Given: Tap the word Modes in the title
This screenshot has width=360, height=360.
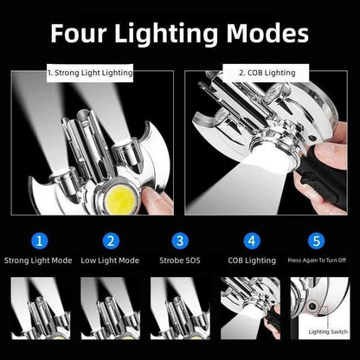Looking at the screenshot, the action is point(267,34).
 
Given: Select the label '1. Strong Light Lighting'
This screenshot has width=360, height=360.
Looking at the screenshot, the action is point(90,73).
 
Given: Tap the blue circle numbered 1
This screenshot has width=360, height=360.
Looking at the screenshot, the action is point(40,241).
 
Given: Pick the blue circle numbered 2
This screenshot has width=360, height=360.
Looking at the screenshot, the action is point(111,241).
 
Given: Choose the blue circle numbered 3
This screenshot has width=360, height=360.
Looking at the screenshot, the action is point(180,241).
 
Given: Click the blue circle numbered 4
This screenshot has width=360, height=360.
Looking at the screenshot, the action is point(252,241).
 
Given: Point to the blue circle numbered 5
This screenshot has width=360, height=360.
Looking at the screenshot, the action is point(317,241).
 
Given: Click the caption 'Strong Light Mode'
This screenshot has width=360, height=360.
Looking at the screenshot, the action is point(38,260).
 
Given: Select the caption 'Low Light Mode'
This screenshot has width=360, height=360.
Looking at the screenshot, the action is point(110,260).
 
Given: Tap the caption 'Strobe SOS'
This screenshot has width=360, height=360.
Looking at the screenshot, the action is point(180,260).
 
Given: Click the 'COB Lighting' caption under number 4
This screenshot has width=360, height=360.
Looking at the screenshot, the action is point(252,260).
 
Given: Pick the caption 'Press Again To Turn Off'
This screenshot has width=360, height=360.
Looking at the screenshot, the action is point(317,260).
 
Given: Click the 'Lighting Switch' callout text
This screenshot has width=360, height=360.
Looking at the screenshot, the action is point(328,331).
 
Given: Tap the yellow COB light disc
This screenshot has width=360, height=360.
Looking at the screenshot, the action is point(120,199).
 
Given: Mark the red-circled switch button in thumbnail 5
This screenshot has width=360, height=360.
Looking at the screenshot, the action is point(312,307).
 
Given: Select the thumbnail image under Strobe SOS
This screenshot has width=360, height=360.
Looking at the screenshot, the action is point(180,308).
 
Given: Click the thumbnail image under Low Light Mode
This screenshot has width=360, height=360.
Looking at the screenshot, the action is point(111,308).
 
